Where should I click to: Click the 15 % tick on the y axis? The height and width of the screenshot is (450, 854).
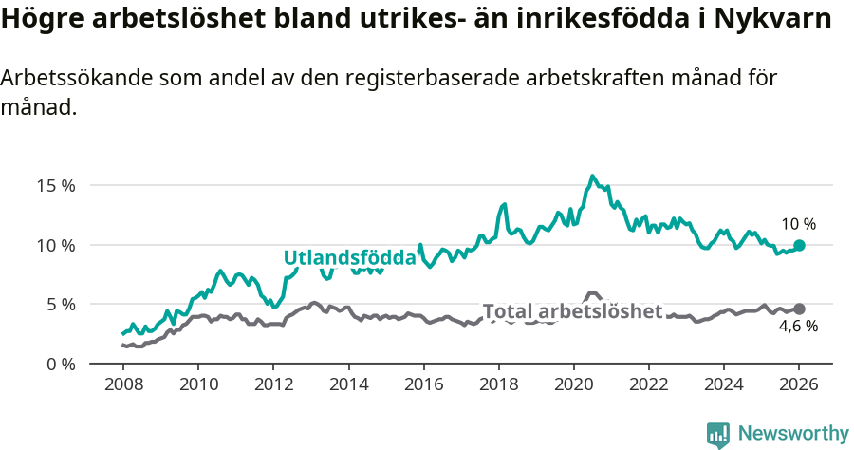pos(56,185)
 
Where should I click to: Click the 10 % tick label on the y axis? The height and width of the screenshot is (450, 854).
pos(56,245)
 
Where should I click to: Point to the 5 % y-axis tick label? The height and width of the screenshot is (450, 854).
pos(60,305)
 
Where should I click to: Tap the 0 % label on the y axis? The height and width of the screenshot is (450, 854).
pos(60,364)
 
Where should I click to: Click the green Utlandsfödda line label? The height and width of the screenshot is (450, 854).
pos(349,258)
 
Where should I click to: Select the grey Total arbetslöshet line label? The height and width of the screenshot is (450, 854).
pos(572,311)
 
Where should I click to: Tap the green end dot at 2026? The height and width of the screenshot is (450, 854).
pos(799,245)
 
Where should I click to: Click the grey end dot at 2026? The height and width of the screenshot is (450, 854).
pos(799,309)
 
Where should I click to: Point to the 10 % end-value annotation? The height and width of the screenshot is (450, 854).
pos(798,225)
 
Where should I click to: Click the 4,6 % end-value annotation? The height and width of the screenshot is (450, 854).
pos(798,327)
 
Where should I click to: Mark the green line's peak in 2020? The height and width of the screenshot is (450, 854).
pos(593,176)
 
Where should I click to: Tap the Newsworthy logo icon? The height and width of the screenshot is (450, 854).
pos(718,435)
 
